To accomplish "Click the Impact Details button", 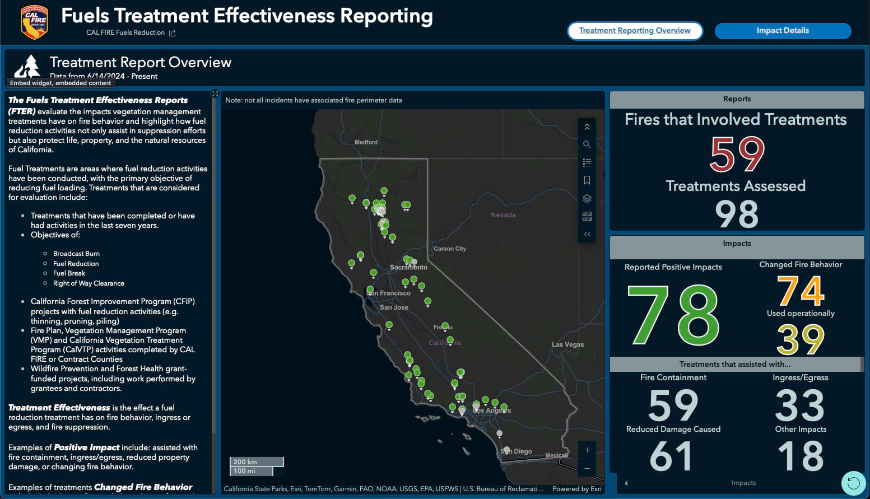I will [783, 31].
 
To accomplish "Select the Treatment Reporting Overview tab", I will [635, 31].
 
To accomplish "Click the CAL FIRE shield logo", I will [34, 22].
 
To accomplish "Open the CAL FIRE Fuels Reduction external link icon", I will [173, 33].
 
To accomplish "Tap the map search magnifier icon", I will [587, 144].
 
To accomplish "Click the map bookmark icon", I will [587, 180].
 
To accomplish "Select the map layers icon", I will [587, 198].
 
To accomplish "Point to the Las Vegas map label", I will [567, 344].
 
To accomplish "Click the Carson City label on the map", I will [449, 249].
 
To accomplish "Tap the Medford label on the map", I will [366, 142].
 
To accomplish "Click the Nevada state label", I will [503, 215].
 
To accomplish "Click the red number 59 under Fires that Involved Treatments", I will [736, 155].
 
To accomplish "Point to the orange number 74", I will [801, 291].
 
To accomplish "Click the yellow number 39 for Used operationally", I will [801, 339].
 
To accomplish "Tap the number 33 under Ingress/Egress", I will [799, 406].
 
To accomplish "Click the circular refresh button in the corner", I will [853, 483].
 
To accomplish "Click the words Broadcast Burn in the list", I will [76, 254].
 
